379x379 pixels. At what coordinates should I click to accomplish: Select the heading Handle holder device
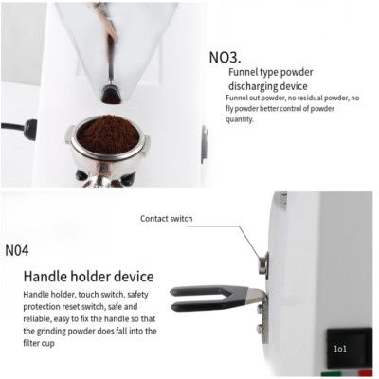[x=88, y=277]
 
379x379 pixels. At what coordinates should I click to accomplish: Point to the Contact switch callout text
[x=166, y=219]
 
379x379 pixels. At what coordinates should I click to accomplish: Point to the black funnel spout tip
[x=112, y=95]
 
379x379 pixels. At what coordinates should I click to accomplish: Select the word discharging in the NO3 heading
[x=261, y=86]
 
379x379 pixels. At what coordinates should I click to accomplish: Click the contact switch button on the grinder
[x=263, y=262]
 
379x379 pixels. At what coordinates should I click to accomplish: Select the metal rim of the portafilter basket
[x=71, y=137]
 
